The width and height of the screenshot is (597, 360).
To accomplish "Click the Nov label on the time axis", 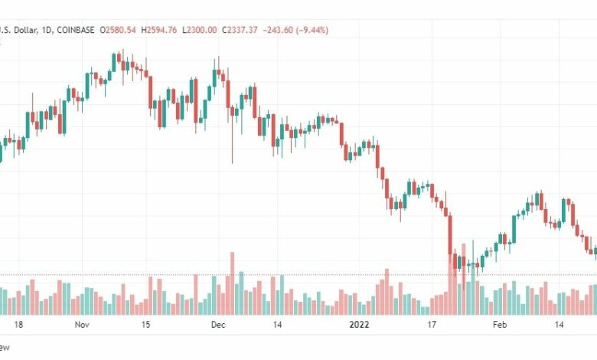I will (x=83, y=325).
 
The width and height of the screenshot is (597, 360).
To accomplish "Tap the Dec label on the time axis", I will (x=218, y=325).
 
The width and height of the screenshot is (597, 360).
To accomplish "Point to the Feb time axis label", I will (x=500, y=325).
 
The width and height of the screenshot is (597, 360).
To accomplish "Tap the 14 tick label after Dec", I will (x=279, y=325).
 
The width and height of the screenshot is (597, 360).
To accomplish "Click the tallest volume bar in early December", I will (x=231, y=283).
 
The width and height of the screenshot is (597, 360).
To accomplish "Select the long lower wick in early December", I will (x=232, y=146).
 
